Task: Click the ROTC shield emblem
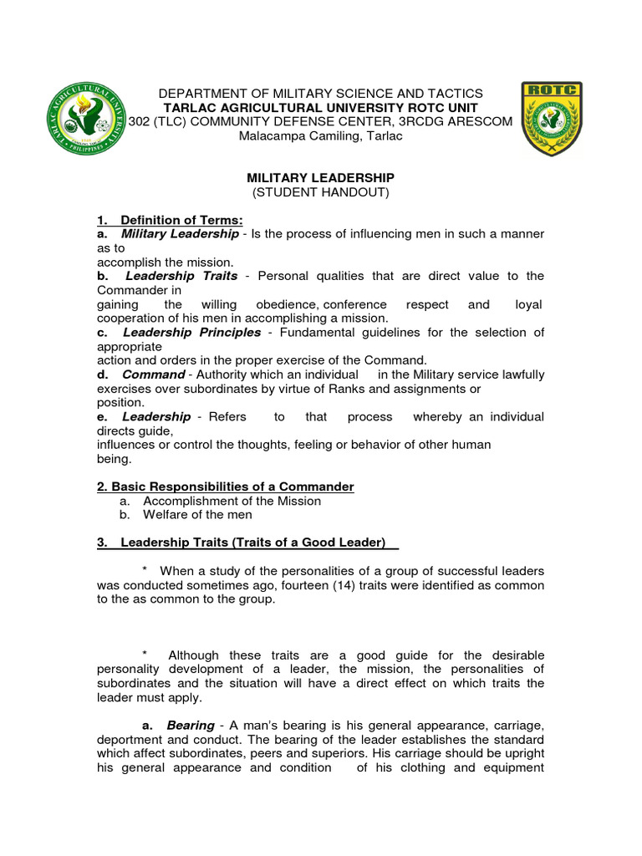point(552,120)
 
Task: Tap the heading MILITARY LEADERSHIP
point(320,178)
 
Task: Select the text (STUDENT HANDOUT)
point(320,192)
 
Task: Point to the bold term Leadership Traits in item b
point(181,276)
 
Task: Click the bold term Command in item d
point(152,374)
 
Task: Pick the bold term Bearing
point(190,726)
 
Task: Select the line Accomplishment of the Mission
point(232,501)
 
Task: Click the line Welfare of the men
point(197,515)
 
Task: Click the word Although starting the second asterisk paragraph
point(197,655)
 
